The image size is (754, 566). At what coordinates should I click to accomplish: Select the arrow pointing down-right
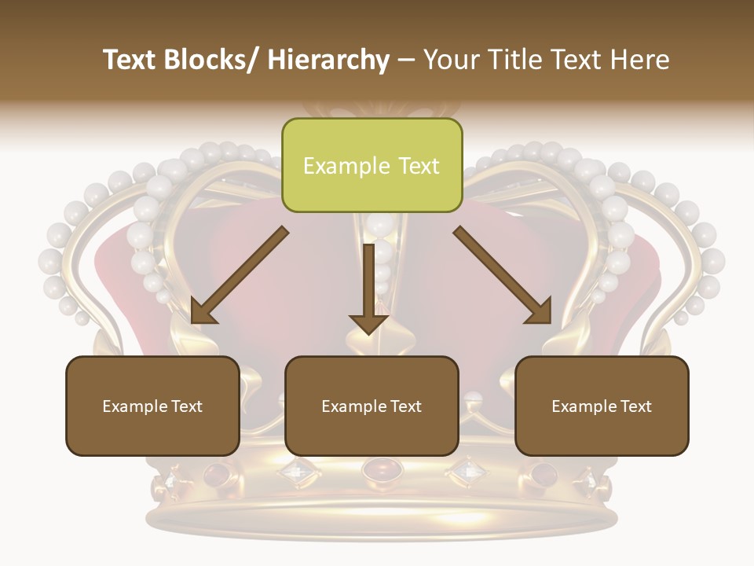pos(503,275)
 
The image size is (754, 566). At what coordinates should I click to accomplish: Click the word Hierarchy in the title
pos(328,60)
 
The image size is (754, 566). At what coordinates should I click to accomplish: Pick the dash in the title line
pos(406,60)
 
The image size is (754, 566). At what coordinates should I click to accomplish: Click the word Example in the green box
pos(346,167)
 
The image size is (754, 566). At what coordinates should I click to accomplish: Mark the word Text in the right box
pos(635,406)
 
